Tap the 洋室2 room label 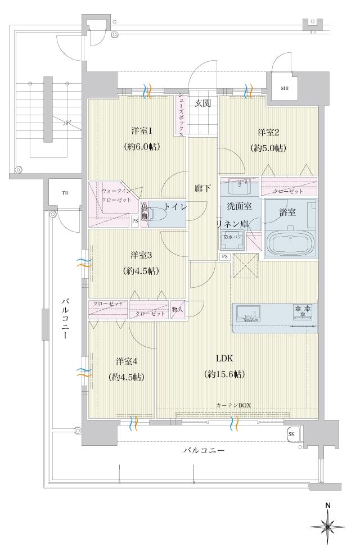(269, 133)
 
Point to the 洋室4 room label (127, 361)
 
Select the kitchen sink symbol (246, 314)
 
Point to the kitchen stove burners (303, 310)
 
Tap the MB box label (285, 88)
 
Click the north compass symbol (327, 525)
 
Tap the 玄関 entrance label (202, 103)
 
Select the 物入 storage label (177, 309)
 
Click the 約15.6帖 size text (224, 374)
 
